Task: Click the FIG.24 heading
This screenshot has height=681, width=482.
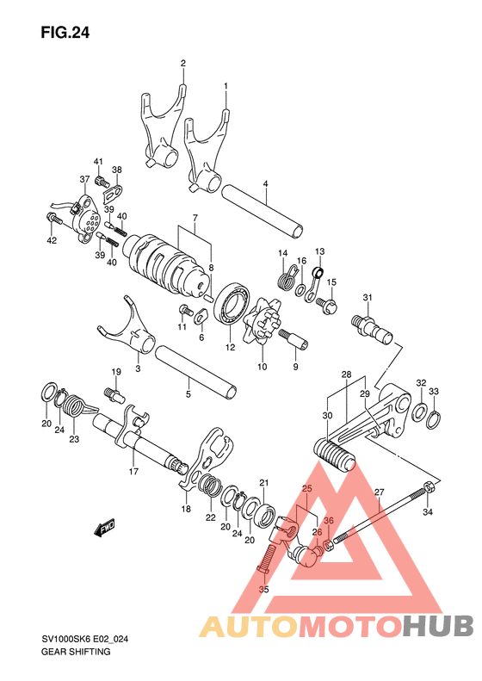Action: coord(65,33)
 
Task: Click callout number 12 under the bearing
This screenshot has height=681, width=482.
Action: coord(230,347)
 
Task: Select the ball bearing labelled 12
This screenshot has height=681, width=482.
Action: coord(233,304)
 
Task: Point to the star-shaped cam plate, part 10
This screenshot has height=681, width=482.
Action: coord(263,321)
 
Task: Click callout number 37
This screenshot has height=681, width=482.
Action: coord(84,179)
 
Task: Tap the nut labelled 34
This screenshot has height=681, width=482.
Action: coord(428,487)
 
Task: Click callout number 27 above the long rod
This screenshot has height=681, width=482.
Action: coord(379,492)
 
